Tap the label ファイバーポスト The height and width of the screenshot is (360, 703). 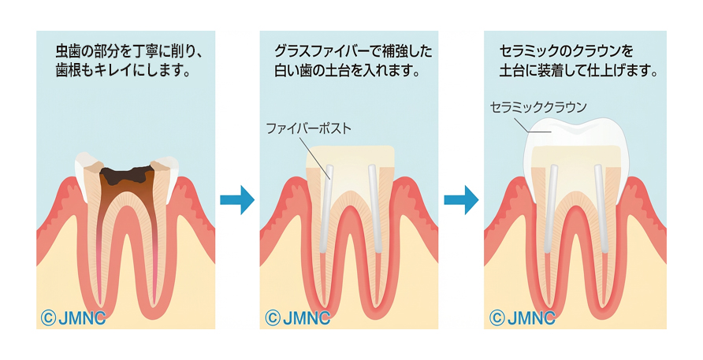(x=308, y=127)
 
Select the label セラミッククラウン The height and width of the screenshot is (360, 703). (x=538, y=107)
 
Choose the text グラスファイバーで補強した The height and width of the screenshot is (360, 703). (x=351, y=53)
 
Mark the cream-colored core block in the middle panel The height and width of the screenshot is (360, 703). (x=351, y=158)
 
